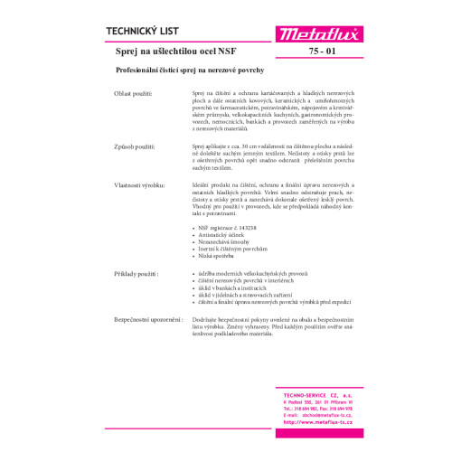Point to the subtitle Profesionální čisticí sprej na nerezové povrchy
click(x=194, y=71)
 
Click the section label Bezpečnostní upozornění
click(x=147, y=319)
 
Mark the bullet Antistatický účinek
click(x=220, y=236)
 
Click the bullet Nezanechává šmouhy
click(x=221, y=243)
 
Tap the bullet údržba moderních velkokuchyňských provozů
click(x=246, y=272)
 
